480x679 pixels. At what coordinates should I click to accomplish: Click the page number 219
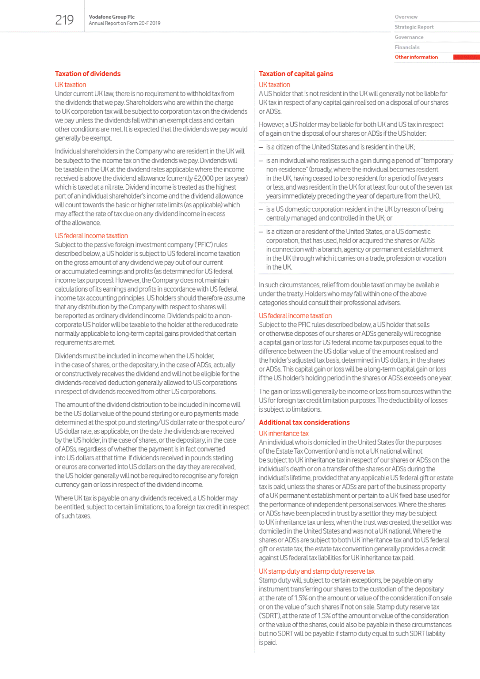coord(64,20)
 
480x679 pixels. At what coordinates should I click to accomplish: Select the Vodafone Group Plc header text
coord(111,17)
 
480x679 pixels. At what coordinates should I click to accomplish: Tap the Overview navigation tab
coord(406,17)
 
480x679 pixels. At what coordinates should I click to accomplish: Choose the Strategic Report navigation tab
coord(414,27)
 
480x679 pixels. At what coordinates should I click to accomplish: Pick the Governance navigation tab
coord(409,37)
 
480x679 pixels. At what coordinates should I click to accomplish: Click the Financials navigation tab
coord(407,47)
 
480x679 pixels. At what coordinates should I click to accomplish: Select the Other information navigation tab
coord(416,57)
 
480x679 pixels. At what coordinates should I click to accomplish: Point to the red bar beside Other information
coord(466,57)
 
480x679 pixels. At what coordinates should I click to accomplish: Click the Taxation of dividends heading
coord(88,74)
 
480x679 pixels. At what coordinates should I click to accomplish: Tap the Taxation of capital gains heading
coord(296,74)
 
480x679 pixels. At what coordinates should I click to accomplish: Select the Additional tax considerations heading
coord(304,423)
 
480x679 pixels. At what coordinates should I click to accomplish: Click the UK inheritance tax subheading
coord(283,434)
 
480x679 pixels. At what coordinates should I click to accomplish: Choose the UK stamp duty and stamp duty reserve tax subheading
coord(316,571)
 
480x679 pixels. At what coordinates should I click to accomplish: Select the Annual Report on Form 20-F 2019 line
coord(124,23)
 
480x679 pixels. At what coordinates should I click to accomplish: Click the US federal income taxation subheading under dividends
coord(91,236)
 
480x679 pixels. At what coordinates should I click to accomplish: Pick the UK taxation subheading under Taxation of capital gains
coord(274,85)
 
